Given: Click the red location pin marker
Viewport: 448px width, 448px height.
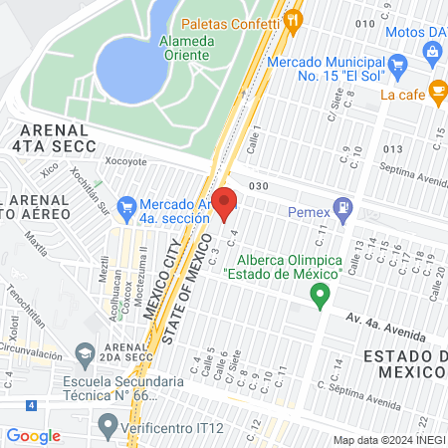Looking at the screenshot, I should (224, 202).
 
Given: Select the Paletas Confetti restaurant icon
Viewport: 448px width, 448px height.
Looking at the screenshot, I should (292, 20).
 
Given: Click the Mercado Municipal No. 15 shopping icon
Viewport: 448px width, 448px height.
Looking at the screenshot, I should (398, 67).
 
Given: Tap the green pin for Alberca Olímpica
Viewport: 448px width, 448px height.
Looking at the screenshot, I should (320, 295).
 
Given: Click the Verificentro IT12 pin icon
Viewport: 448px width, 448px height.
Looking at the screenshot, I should (108, 425).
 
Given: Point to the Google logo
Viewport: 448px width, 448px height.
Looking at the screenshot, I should (33, 435).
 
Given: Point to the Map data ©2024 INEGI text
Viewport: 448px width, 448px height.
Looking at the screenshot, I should (387, 440).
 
